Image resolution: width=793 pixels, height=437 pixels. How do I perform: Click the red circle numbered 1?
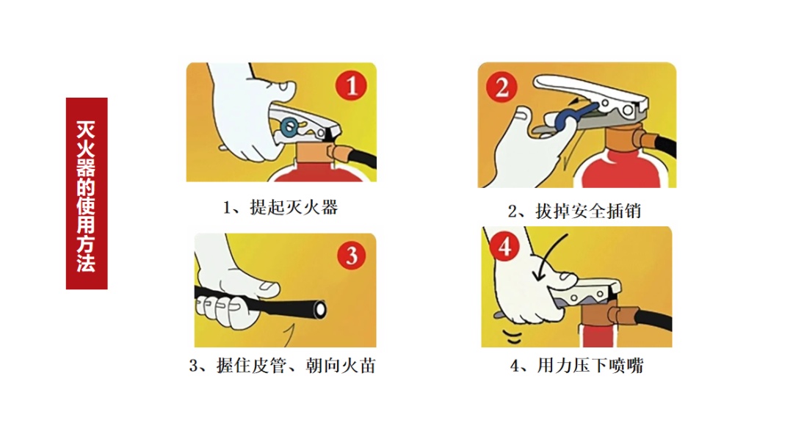(x=352, y=85)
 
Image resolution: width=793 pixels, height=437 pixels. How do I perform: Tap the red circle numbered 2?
(x=501, y=87)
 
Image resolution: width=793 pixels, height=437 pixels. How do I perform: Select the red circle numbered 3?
(x=352, y=255)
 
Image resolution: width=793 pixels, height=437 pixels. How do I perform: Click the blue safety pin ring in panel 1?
(x=290, y=127)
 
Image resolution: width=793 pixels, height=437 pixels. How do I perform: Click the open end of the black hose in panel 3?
(x=319, y=309)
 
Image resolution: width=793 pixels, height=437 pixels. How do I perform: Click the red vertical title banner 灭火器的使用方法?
(x=87, y=193)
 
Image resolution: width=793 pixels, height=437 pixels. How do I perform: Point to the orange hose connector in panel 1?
(x=338, y=151)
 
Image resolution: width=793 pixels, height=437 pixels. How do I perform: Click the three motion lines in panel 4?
(x=513, y=336)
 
